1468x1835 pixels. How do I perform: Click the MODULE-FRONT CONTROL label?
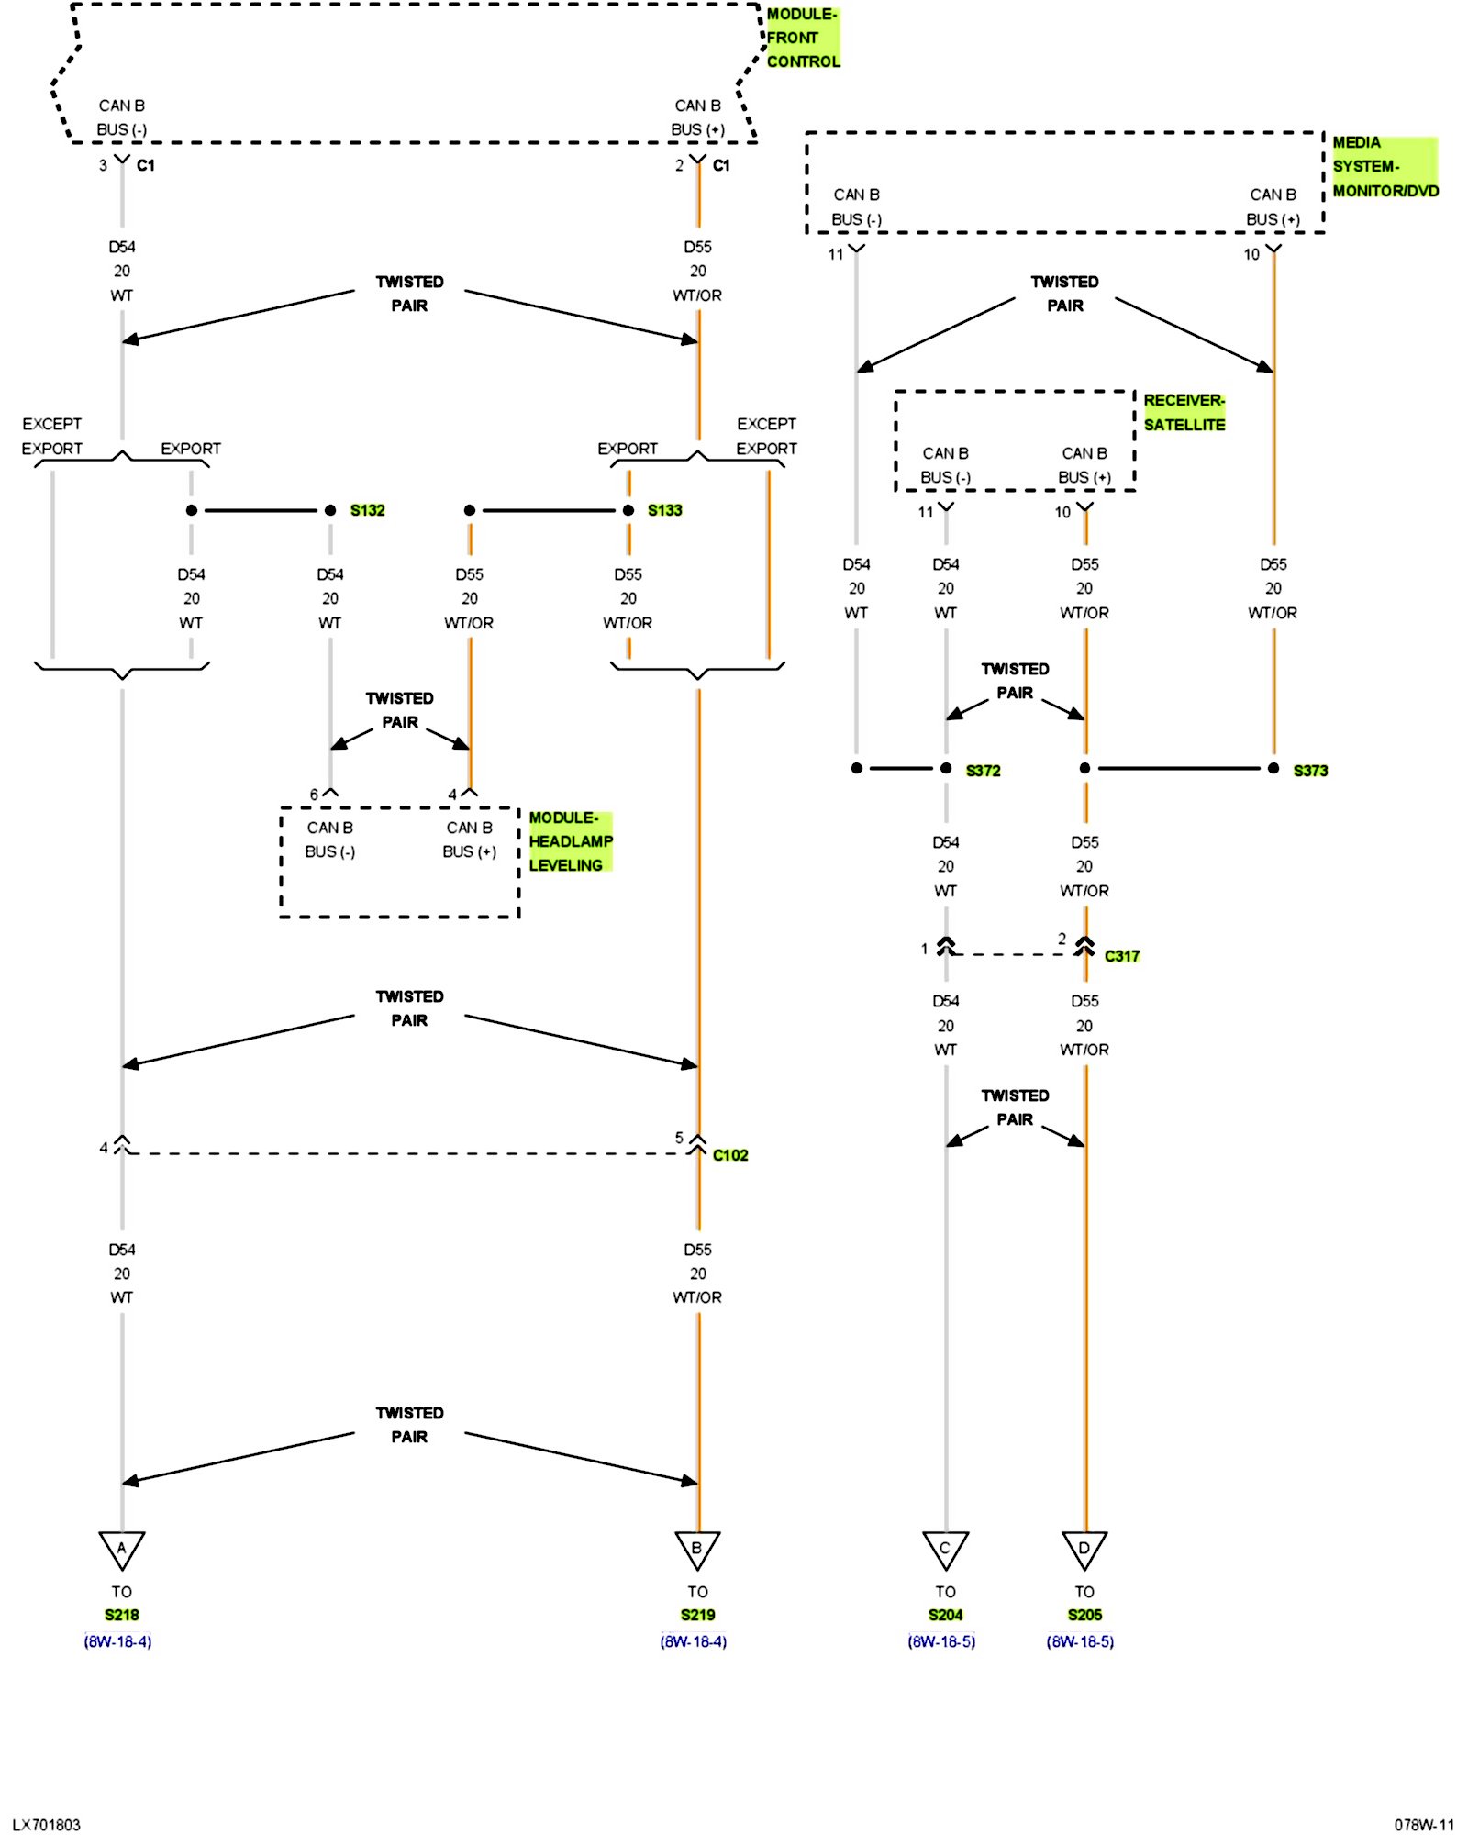(802, 38)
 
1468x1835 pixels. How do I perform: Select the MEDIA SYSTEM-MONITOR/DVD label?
(1384, 167)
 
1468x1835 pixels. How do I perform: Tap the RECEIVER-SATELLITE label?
(1184, 413)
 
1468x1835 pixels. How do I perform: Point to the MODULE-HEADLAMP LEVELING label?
(570, 841)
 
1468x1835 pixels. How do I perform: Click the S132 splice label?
(367, 510)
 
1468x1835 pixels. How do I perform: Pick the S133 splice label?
(664, 510)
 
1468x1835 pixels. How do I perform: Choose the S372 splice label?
(983, 771)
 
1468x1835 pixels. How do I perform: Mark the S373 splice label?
(1310, 771)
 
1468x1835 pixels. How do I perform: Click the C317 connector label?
(1121, 956)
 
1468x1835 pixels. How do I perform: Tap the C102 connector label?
(730, 1155)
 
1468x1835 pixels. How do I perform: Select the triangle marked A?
(122, 1548)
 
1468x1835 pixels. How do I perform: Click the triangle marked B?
(697, 1548)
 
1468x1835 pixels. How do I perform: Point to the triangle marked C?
(945, 1548)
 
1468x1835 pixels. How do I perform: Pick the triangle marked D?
(1084, 1548)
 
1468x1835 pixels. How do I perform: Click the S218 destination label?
(122, 1616)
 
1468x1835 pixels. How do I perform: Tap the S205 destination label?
(1084, 1616)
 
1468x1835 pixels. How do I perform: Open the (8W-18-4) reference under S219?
(694, 1641)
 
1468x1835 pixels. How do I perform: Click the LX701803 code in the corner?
(47, 1825)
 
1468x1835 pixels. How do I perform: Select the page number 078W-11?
(1424, 1825)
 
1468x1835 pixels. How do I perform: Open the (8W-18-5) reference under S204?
(941, 1641)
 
